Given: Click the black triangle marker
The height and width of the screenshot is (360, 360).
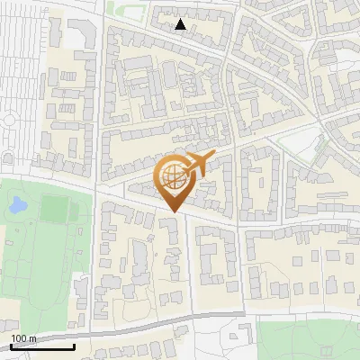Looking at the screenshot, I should [181, 24].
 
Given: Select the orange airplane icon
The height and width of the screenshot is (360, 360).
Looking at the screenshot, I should [196, 164].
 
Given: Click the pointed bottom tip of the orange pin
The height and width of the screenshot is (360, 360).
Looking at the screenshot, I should [173, 211].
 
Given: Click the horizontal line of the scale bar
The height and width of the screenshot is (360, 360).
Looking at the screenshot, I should [42, 346].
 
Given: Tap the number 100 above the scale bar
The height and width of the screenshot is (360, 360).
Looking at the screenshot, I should [18, 338].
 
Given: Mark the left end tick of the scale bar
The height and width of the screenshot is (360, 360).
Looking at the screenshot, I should [11, 345].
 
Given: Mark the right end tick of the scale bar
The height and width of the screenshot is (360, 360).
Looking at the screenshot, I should [74, 345].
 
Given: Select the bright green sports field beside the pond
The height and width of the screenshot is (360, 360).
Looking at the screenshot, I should [54, 209].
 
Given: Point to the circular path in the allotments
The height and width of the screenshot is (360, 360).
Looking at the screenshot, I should [9, 120].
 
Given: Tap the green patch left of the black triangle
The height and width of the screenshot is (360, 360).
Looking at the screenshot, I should [117, 9].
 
